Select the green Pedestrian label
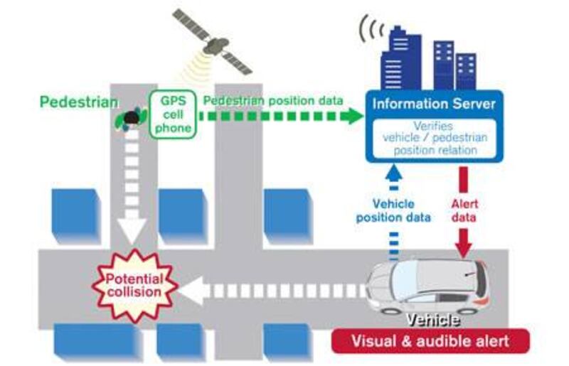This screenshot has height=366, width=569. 78,102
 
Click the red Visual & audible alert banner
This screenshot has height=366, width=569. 430,340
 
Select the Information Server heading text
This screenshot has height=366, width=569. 435,104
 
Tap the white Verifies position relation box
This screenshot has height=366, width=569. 435,137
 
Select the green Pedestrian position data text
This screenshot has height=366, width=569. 273,100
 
